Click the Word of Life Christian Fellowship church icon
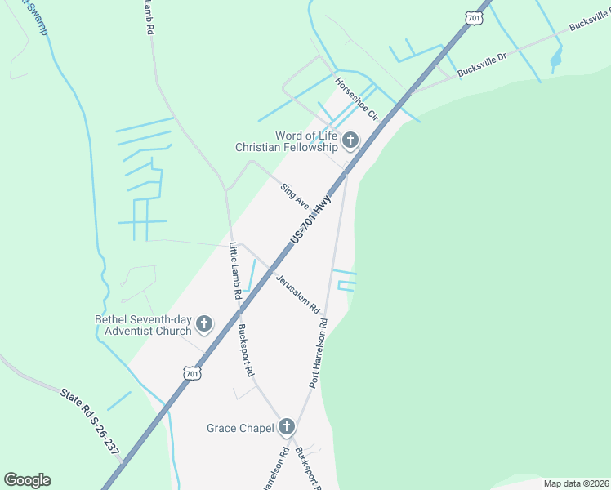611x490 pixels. pos(350,140)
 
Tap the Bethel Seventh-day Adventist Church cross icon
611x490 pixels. pos(203,324)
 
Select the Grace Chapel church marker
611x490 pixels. pos(286,427)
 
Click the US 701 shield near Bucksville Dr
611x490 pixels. pos(473,16)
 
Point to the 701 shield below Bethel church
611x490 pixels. pos(191,373)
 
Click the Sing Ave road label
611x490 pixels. pos(295,196)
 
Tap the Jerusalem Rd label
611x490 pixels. pos(297,296)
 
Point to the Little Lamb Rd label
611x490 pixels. pos(235,269)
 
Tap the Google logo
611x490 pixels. pos(27,480)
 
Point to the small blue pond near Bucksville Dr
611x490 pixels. pos(556,56)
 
